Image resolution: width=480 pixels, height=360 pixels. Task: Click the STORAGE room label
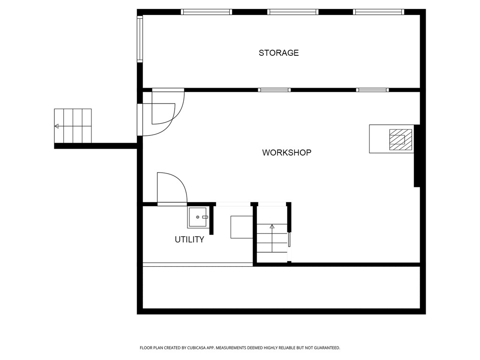(x=278, y=53)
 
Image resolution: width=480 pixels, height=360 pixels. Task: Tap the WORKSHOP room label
(x=286, y=153)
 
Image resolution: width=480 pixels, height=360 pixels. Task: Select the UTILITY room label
(x=189, y=240)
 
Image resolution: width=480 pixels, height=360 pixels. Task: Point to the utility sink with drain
(x=198, y=217)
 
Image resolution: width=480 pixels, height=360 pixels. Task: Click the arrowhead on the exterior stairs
(x=57, y=126)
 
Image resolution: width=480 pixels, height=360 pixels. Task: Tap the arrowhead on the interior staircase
(x=272, y=226)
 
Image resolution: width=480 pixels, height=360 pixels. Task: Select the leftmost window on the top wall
(x=206, y=12)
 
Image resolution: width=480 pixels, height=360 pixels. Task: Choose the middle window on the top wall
(x=293, y=12)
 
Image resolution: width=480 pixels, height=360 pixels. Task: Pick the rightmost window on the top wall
(x=379, y=12)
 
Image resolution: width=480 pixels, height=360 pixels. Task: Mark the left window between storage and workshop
(x=274, y=90)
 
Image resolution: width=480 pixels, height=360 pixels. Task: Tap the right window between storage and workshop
(x=372, y=90)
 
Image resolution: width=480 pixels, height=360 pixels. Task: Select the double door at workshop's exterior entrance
(x=162, y=112)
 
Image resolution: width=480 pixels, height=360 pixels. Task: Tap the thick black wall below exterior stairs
(x=96, y=146)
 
